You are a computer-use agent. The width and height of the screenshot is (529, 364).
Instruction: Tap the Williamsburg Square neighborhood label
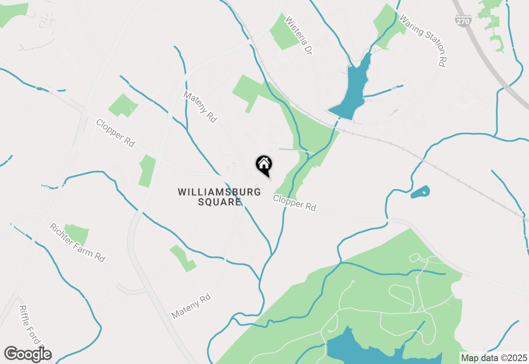tap(219, 197)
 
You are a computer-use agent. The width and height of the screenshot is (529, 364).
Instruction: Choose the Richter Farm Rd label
tap(77, 242)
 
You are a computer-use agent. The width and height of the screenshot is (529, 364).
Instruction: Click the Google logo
tap(28, 354)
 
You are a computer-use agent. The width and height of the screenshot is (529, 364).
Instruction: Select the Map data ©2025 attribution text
tap(494, 358)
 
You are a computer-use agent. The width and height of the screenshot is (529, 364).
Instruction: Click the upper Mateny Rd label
tap(200, 107)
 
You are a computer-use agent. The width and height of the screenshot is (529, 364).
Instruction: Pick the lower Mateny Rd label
tap(191, 306)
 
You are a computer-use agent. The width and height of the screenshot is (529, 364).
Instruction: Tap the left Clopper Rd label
tap(115, 133)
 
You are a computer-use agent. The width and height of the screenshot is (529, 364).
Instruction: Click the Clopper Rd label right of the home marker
tap(295, 203)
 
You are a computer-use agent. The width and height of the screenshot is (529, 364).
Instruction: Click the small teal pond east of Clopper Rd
tap(420, 192)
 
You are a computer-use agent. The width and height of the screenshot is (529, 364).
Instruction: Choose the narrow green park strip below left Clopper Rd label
tap(147, 171)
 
